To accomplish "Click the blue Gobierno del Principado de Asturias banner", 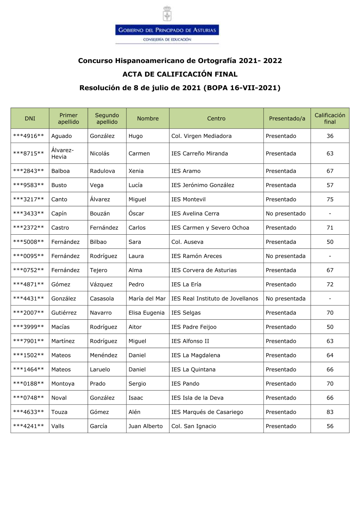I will (167, 30).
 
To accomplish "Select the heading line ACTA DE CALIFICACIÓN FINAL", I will (180, 74).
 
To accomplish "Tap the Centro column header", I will (216, 118).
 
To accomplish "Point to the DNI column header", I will (30, 118).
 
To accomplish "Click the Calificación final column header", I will (330, 118).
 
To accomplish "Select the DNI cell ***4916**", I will (28, 136).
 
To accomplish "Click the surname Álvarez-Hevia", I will (62, 153).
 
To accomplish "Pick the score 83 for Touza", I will (330, 412).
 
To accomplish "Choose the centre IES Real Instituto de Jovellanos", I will (215, 298).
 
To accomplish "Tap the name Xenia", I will (136, 171).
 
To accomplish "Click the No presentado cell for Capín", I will (285, 213).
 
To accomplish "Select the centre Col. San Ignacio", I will (194, 426).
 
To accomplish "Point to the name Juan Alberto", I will (145, 426).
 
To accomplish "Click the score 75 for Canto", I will (330, 199).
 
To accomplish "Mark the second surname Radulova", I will (102, 171).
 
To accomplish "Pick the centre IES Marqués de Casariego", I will (207, 412).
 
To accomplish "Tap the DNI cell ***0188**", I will (28, 384).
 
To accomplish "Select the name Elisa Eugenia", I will (147, 313).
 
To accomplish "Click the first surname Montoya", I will (63, 384).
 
